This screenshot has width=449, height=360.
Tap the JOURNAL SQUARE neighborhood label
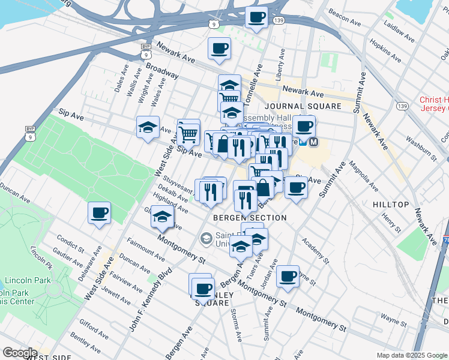pos(303,106)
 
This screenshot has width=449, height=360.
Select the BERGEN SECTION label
pos(250,217)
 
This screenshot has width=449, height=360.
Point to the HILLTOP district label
pos(391,205)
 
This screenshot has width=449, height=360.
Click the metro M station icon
pos(312,142)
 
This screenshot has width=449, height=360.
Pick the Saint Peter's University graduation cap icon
pos(206,239)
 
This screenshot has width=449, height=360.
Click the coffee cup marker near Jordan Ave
pos(288,276)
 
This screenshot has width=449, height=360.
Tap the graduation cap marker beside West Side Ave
pos(148,127)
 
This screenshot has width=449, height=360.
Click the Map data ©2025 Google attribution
pos(411,355)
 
